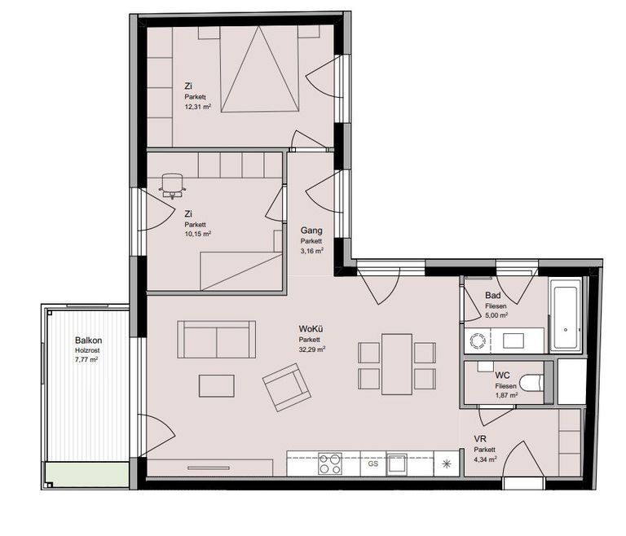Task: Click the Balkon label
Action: click(88, 340)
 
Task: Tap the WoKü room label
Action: click(311, 329)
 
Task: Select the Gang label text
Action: click(311, 231)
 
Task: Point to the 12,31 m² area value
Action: click(197, 107)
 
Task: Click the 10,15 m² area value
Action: click(197, 234)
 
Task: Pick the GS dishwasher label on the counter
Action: click(373, 464)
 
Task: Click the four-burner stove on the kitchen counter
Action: click(330, 464)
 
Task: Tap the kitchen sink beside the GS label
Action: click(396, 464)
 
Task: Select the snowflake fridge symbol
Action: click(447, 464)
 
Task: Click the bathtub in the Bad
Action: click(565, 315)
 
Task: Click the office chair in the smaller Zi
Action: click(173, 186)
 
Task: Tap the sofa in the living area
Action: click(216, 339)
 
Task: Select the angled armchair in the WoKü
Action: click(287, 387)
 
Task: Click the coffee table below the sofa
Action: click(217, 385)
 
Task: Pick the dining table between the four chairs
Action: click(397, 364)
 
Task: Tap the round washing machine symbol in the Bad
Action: click(477, 340)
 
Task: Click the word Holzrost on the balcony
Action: click(87, 350)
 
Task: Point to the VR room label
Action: click(480, 439)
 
